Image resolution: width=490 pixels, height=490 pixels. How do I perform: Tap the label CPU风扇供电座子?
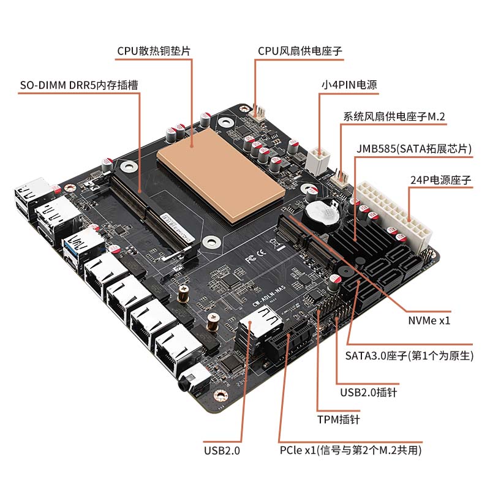click(x=299, y=51)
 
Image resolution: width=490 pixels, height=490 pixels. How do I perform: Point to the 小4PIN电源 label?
click(x=350, y=85)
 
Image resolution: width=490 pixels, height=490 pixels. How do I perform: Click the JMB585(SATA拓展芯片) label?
click(x=415, y=149)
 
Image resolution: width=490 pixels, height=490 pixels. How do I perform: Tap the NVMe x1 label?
click(x=429, y=320)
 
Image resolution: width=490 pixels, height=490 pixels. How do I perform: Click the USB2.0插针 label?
click(x=368, y=392)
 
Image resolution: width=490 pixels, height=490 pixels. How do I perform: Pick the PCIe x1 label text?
click(x=350, y=450)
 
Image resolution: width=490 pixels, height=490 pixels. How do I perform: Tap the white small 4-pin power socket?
click(x=320, y=159)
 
